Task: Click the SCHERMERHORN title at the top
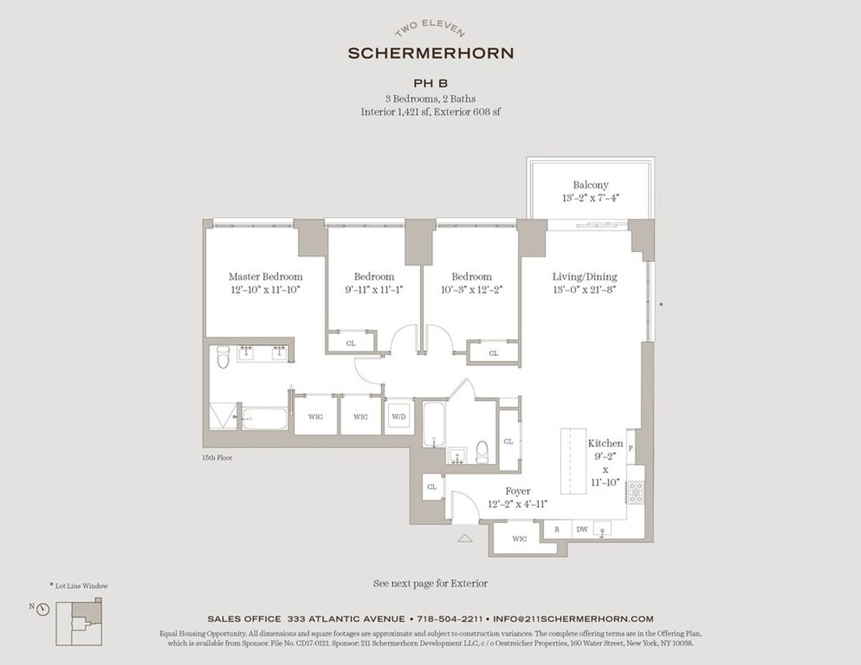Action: point(430,53)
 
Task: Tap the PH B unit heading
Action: point(430,84)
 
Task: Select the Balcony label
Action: point(591,185)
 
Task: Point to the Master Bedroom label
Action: point(265,277)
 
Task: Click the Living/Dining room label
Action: point(584,277)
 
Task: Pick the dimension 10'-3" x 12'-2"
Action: point(471,291)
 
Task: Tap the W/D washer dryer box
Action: point(397,417)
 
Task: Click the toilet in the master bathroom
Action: point(222,357)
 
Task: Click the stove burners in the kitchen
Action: point(636,494)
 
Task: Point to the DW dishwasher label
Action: point(581,529)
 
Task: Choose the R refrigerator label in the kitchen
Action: point(556,529)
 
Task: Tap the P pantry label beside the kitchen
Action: point(631,448)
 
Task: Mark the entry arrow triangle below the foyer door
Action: point(465,537)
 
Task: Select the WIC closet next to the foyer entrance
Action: point(519,538)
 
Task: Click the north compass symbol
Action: point(43,609)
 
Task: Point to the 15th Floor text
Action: point(217,457)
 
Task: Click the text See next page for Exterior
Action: point(430,583)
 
